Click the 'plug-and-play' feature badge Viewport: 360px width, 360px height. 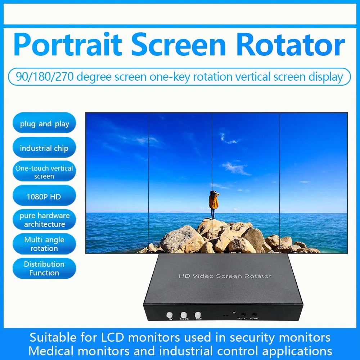[44, 124]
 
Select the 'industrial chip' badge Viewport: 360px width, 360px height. [44, 148]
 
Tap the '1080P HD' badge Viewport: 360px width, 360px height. [44, 197]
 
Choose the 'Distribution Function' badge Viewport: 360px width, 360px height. [44, 268]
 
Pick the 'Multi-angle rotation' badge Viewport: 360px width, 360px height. [44, 244]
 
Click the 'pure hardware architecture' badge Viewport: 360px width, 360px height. [44, 220]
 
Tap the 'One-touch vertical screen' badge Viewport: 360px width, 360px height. [44, 172]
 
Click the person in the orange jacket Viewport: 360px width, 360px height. [214, 203]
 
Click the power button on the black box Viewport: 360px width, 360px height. [169, 315]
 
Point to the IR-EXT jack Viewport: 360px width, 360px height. [242, 314]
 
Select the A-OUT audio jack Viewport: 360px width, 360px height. [254, 314]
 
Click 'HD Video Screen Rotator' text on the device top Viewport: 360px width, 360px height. [225, 276]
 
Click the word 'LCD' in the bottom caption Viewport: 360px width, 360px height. [110, 338]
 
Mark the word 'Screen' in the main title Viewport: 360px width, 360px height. [179, 45]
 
